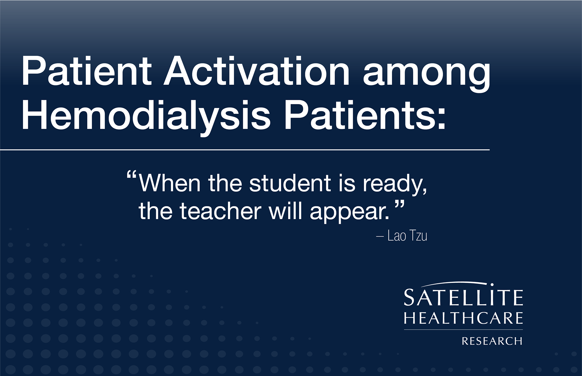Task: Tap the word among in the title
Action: click(426, 76)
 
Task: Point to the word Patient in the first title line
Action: click(86, 71)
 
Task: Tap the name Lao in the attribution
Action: click(397, 236)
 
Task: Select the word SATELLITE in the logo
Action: click(463, 297)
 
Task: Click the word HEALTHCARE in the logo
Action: click(463, 318)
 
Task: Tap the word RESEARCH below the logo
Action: click(492, 341)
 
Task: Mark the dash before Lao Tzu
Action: click(380, 236)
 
